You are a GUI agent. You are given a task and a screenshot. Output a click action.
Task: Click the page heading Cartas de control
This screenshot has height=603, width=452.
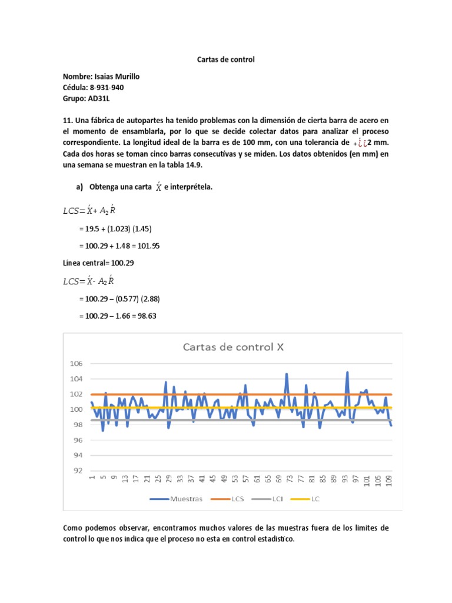(225, 59)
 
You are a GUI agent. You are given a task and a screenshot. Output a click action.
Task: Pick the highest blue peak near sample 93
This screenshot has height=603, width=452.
(347, 372)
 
